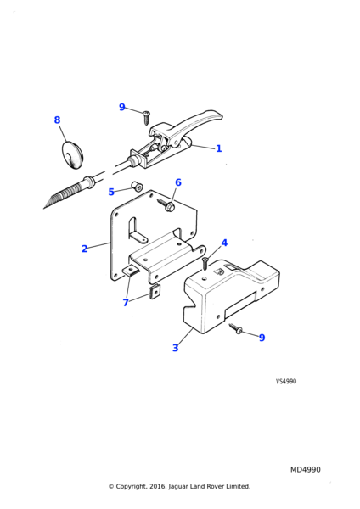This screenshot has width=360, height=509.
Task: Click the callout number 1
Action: pos(219,148)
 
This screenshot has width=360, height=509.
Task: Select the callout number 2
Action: pos(84,249)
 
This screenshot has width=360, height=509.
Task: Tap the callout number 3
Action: pos(176,348)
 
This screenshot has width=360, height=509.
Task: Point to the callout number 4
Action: pos(224,243)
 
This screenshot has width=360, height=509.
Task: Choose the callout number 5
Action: pos(111,192)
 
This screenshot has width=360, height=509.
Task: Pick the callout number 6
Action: pos(178,182)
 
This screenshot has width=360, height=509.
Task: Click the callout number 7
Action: pos(126,303)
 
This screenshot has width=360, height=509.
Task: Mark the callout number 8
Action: pos(57,120)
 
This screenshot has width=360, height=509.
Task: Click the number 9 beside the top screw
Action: pos(122,107)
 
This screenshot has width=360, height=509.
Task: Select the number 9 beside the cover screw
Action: pos(262,338)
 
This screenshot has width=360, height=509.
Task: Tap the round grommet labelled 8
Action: pos(73,154)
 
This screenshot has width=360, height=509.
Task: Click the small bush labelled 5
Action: pos(137,187)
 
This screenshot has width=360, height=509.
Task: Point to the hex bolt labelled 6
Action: pos(166,204)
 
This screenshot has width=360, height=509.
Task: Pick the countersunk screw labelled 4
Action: pos(205,263)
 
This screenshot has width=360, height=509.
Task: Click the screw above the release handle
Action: pos(146,117)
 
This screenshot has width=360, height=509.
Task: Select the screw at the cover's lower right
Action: pos(236,328)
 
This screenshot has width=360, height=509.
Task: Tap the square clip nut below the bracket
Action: pos(155,292)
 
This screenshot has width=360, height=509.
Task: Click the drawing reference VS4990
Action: pos(286,381)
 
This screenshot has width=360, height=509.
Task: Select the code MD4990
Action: pos(306,470)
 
